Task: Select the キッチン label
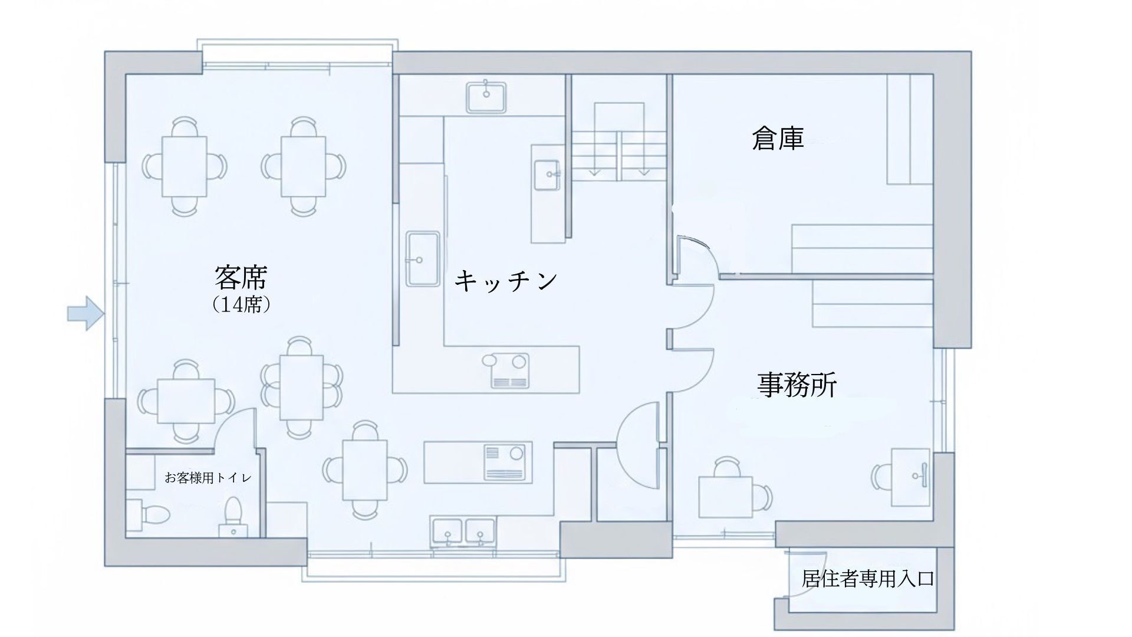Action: pyautogui.click(x=506, y=280)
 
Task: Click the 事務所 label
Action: pyautogui.click(x=797, y=385)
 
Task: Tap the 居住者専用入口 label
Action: pyautogui.click(x=868, y=579)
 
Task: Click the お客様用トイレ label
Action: pyautogui.click(x=208, y=478)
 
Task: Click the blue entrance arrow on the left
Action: pyautogui.click(x=85, y=313)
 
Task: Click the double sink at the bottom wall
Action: pyautogui.click(x=464, y=531)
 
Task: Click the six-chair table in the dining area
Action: pyautogui.click(x=302, y=386)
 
